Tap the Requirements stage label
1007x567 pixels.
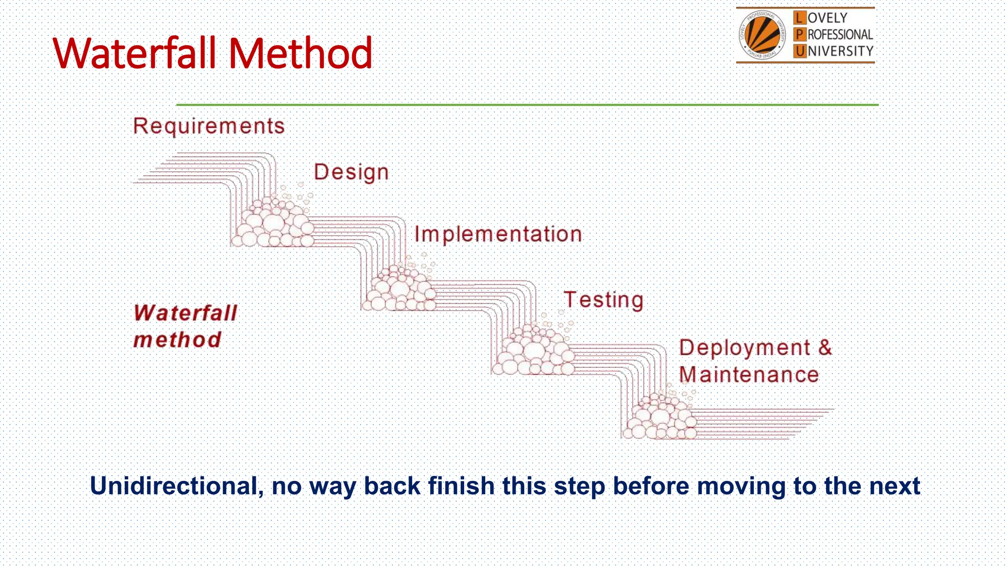[209, 126]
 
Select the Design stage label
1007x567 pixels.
[351, 172]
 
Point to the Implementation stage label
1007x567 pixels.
[498, 234]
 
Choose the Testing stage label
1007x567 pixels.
[603, 300]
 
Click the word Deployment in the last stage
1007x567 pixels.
[744, 348]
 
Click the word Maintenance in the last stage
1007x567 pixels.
[749, 375]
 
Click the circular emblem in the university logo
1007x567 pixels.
[762, 35]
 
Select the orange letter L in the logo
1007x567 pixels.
[800, 18]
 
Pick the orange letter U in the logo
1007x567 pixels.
[800, 51]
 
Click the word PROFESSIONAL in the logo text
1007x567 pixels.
[840, 35]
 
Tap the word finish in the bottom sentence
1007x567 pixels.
[461, 486]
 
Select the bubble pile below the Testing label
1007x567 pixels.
[533, 351]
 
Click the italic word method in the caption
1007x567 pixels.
[178, 340]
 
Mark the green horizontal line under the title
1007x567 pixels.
[527, 105]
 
